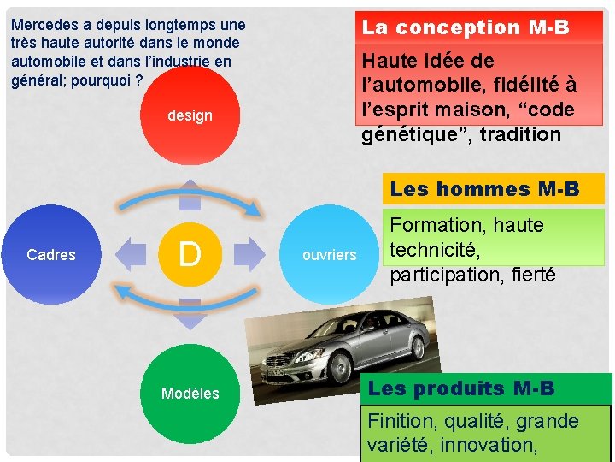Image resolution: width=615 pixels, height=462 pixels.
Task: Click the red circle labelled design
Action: click(190, 115)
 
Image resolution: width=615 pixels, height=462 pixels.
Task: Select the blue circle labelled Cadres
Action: click(52, 254)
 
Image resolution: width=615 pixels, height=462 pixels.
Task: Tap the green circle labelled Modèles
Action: click(190, 393)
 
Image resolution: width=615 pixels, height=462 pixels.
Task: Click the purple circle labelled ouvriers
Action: click(329, 254)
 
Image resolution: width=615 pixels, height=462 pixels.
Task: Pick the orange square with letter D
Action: click(190, 254)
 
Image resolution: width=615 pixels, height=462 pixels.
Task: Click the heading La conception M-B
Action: click(466, 27)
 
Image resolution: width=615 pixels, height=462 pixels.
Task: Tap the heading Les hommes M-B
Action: click(484, 188)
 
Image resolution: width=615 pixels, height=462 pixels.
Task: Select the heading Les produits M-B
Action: click(461, 389)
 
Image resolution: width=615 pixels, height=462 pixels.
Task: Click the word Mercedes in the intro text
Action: click(44, 25)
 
